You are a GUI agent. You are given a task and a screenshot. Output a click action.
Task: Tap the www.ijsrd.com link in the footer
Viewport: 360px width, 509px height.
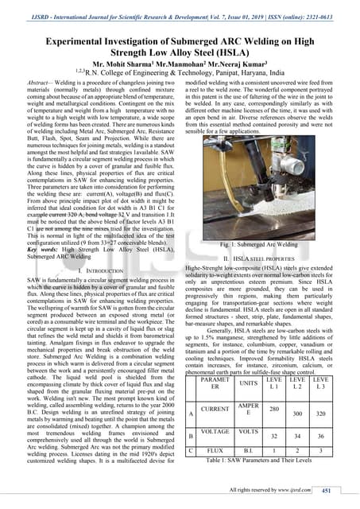298,492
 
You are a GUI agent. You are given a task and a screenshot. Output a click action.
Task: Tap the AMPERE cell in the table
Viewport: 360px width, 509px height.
250,410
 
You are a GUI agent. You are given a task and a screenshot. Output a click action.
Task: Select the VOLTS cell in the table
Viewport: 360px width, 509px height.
250,436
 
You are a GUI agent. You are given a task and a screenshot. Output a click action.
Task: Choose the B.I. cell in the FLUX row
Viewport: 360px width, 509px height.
250,451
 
